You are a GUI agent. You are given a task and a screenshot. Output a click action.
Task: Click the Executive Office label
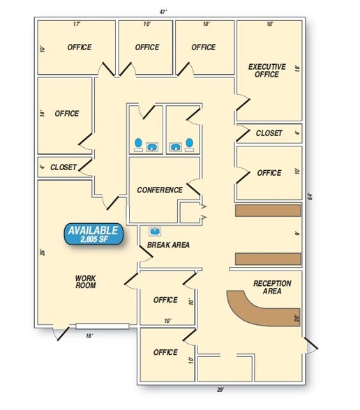coord(267,70)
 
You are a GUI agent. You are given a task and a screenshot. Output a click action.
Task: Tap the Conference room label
coord(160,190)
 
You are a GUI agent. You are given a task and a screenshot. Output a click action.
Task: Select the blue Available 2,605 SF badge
coord(93,234)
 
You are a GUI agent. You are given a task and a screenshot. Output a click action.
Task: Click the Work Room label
coord(86,282)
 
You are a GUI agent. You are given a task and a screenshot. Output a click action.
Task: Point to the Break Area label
coord(168,245)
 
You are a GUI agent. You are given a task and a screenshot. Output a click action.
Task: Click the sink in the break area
coord(155,231)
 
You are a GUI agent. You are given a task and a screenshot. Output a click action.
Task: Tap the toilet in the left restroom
coord(138,144)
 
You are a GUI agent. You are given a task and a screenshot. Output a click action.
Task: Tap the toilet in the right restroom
coord(190,144)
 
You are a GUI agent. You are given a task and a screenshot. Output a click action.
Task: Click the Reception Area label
coord(272,287)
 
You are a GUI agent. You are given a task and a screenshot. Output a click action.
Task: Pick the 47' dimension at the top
coord(163,12)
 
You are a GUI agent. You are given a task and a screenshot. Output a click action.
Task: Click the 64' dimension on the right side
coord(310,197)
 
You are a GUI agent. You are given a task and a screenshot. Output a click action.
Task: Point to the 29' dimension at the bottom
coord(220,390)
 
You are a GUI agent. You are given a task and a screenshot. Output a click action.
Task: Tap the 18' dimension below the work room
coord(89,336)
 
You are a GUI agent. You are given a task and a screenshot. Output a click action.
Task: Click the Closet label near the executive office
coord(269,133)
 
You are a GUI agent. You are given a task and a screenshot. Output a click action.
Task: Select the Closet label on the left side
coord(63,167)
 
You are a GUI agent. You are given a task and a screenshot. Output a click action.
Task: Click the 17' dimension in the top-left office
coord(77,24)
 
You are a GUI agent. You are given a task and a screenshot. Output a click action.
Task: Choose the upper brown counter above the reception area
coord(268,211)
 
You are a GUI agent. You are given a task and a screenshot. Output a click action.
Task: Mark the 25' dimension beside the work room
coord(43,252)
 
